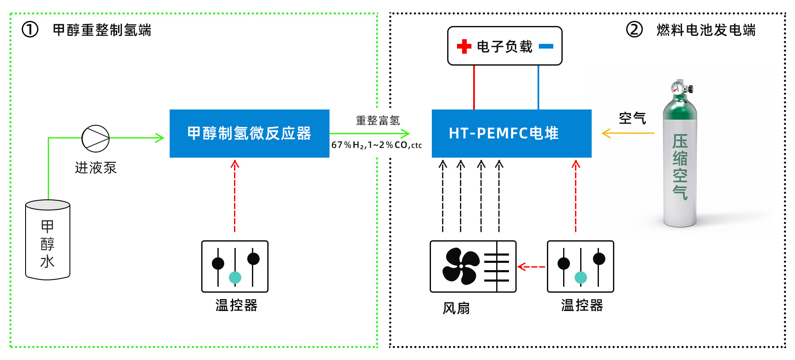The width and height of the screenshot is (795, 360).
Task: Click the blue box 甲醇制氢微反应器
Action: (x=249, y=133)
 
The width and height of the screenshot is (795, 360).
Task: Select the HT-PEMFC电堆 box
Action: (x=512, y=133)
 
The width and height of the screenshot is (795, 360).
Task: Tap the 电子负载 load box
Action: (x=505, y=46)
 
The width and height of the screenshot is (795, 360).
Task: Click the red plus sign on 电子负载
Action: (x=464, y=46)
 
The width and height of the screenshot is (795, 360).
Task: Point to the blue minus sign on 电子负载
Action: (x=546, y=46)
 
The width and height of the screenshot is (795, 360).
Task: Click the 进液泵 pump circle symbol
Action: (x=95, y=138)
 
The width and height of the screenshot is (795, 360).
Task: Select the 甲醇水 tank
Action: (x=48, y=240)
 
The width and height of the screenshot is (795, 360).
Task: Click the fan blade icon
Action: (x=461, y=267)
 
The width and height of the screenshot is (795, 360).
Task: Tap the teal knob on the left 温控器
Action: (x=235, y=277)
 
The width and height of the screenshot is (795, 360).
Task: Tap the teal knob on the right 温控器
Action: (x=581, y=277)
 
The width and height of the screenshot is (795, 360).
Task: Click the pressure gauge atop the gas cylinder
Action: (x=676, y=88)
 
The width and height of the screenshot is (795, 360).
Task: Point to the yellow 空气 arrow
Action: (x=628, y=133)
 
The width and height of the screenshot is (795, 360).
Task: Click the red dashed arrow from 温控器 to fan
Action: (x=531, y=267)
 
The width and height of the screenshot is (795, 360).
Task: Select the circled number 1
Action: (x=30, y=30)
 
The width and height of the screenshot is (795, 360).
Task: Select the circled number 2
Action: (x=634, y=30)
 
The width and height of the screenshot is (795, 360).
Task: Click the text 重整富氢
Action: (x=378, y=121)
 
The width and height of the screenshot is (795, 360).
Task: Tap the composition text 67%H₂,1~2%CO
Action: (x=369, y=145)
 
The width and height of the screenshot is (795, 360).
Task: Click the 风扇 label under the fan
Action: (x=456, y=308)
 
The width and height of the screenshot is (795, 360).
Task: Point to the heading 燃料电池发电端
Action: (x=706, y=30)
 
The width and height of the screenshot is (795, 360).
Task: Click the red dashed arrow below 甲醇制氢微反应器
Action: (x=235, y=196)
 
